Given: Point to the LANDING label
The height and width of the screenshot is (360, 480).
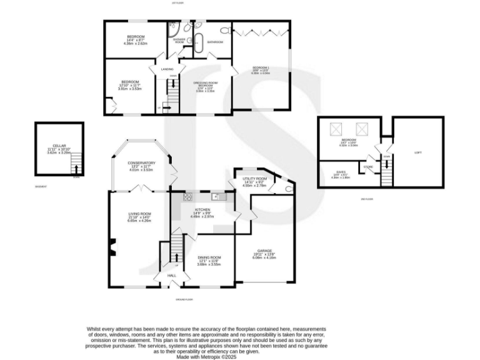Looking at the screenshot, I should [167, 69].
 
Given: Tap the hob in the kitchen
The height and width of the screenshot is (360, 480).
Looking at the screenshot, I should [186, 197].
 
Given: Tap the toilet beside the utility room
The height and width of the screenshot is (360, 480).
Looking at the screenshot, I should [288, 189].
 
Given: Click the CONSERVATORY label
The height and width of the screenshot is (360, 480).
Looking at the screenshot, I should [141, 163].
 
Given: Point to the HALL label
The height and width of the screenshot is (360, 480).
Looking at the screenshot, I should [171, 276].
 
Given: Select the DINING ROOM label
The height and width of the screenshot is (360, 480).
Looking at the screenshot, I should [209, 257].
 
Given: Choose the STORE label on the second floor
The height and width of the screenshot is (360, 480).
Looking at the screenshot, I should [369, 167].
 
